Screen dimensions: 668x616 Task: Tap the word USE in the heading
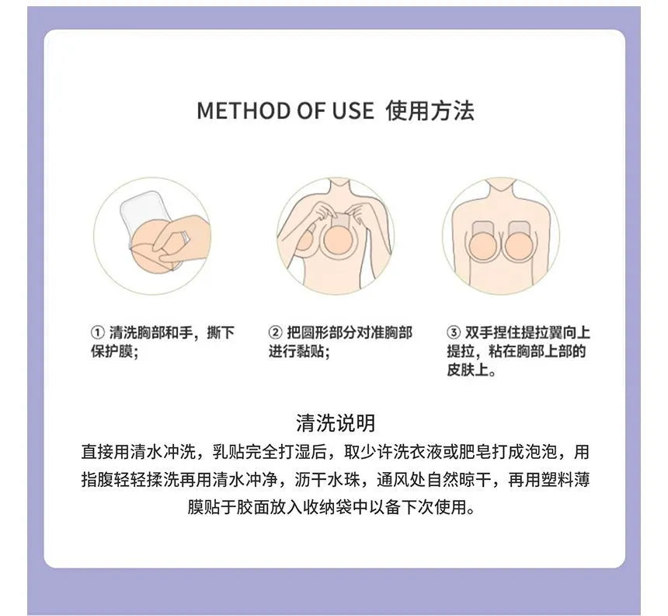[353, 110]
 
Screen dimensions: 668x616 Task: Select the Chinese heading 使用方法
[430, 110]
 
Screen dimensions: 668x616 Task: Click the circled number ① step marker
[98, 332]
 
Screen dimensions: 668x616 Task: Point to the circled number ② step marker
[275, 332]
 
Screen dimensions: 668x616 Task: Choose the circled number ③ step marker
[454, 332]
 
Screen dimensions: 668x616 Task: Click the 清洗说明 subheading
[336, 423]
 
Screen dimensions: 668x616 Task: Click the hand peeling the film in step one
[181, 241]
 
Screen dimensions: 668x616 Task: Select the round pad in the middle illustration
[336, 240]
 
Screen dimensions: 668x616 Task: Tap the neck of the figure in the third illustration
[502, 187]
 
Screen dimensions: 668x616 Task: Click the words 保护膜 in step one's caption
[112, 352]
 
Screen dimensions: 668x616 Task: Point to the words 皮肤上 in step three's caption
[468, 369]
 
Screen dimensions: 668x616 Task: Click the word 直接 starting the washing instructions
[97, 452]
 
